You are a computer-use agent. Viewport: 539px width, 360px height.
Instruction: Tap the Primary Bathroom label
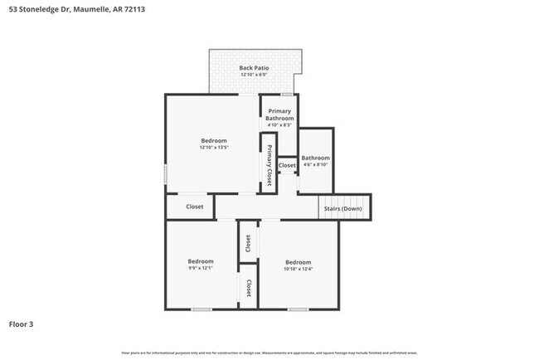tap(280, 114)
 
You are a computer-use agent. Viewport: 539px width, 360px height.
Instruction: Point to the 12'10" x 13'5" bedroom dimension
tap(214, 148)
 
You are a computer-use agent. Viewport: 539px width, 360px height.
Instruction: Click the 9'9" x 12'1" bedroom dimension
tap(201, 268)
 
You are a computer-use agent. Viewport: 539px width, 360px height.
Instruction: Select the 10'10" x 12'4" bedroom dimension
tap(299, 268)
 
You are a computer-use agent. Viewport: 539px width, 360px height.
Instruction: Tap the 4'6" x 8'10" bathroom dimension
tap(315, 165)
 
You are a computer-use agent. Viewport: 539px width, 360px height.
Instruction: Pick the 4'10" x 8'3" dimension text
tap(280, 125)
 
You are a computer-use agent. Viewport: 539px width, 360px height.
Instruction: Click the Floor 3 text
tap(22, 324)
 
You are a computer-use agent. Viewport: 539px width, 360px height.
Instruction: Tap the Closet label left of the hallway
tap(195, 207)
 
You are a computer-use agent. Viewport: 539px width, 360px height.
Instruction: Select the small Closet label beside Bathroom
tap(287, 166)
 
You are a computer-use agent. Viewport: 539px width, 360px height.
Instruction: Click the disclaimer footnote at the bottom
tap(269, 353)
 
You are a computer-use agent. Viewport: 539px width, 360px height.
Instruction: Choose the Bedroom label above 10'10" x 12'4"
tap(299, 261)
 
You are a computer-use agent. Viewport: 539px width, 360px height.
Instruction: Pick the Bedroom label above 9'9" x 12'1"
tap(201, 261)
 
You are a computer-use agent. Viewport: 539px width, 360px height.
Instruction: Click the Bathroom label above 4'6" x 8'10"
tap(315, 158)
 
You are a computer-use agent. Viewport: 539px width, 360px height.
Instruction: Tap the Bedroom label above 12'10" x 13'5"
tap(214, 141)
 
